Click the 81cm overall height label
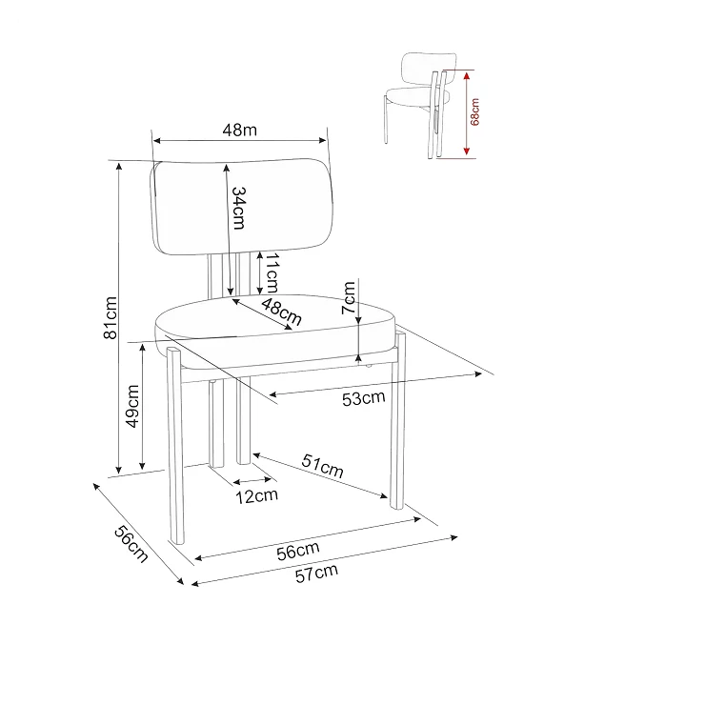[111, 317]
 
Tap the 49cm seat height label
[133, 406]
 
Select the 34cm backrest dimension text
[238, 209]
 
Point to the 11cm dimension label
[272, 272]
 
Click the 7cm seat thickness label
[349, 297]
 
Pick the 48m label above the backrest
[240, 130]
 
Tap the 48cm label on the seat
[281, 312]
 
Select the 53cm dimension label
[363, 398]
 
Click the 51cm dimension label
[323, 466]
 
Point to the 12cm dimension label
[256, 496]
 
